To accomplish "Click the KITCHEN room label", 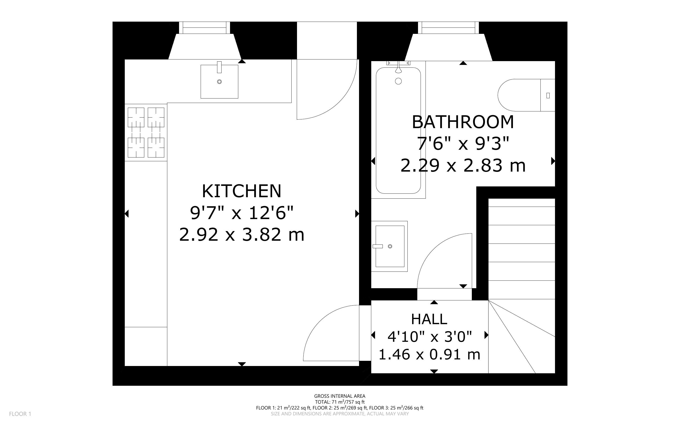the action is (x=242, y=191).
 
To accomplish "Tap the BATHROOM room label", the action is (x=463, y=122).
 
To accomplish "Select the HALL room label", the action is (x=429, y=319).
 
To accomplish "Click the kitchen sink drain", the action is (x=219, y=82).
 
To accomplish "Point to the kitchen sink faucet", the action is (x=219, y=67).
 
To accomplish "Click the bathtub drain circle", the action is (x=398, y=81).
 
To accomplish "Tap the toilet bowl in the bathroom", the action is (x=519, y=95).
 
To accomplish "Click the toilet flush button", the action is (x=548, y=96).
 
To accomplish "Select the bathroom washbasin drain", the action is (x=390, y=246).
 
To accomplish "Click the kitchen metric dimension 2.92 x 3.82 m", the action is (x=242, y=235).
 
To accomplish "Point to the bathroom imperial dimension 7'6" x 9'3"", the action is (x=463, y=144).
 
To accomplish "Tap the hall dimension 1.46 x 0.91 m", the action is (x=429, y=354).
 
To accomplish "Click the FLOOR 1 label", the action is (x=20, y=414).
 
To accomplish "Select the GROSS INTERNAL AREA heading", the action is (x=340, y=396).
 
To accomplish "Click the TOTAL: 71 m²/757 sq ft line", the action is (x=340, y=402).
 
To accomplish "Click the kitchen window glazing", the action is (x=204, y=28).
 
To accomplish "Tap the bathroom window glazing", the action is (x=448, y=28).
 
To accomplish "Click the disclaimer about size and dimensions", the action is (x=340, y=414).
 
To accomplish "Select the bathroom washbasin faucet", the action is (x=378, y=246).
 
